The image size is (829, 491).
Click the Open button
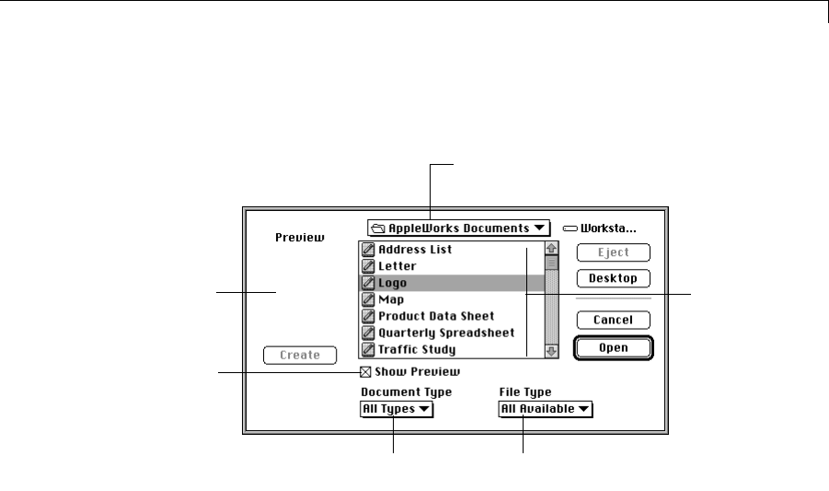click(x=613, y=348)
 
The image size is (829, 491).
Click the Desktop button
click(x=613, y=278)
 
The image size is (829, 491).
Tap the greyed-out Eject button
click(x=613, y=252)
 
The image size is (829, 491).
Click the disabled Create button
click(x=300, y=355)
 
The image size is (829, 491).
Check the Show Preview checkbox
click(x=366, y=372)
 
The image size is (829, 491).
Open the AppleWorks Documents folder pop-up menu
click(x=457, y=228)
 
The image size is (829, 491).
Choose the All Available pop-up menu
click(x=546, y=409)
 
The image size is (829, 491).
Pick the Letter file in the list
click(x=397, y=266)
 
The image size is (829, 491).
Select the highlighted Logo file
click(x=392, y=283)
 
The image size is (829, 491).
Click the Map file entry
click(x=391, y=299)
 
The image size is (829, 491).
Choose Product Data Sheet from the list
click(x=436, y=316)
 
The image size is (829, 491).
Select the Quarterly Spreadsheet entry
click(x=446, y=333)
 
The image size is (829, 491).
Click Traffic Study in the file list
click(x=417, y=349)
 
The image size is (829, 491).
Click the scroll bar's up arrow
click(x=552, y=248)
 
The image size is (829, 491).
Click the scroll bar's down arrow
click(x=552, y=351)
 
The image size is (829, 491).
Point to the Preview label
click(x=301, y=238)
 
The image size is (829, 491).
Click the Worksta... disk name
click(x=609, y=228)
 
